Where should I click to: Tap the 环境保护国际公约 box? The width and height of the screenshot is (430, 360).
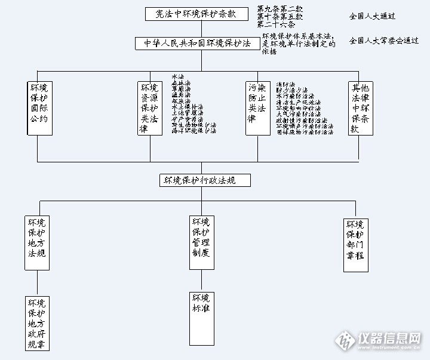39,107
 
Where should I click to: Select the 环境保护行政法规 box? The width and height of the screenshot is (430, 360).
204,180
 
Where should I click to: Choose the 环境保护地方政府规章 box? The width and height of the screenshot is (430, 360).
37,323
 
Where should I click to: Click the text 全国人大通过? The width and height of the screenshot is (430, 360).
372,16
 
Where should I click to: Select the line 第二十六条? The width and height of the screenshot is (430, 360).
275,24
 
